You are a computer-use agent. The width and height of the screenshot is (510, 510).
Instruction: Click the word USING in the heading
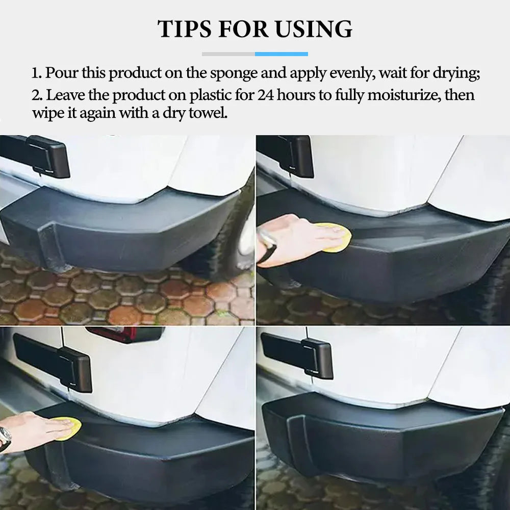[x=314, y=29]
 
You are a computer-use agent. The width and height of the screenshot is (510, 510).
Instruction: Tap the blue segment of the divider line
[x=282, y=54]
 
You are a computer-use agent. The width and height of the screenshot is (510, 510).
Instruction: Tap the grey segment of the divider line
[x=228, y=54]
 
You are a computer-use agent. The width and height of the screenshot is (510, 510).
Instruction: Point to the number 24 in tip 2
[x=266, y=95]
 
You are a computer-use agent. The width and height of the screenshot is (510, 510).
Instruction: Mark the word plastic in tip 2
[x=211, y=95]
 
